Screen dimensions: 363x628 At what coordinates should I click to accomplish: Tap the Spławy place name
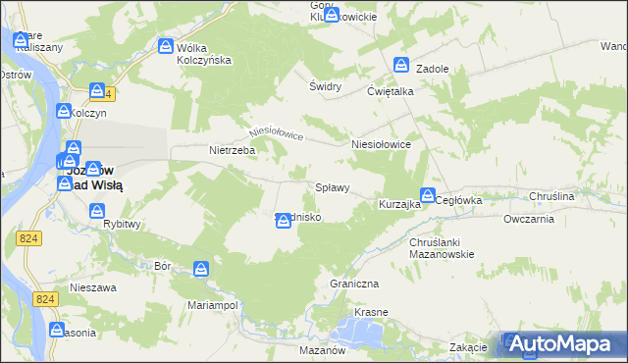tap(332, 187)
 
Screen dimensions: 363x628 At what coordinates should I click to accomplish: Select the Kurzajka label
tap(399, 205)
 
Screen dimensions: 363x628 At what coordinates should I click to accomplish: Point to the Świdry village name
tap(325, 86)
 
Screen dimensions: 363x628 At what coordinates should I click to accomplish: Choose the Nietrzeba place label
tap(233, 151)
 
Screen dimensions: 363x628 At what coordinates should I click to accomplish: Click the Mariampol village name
tap(214, 305)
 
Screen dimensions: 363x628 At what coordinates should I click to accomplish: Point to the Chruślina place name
tap(550, 197)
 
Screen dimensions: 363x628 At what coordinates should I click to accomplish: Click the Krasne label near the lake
tap(372, 312)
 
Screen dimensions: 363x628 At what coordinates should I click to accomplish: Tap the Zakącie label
tap(469, 348)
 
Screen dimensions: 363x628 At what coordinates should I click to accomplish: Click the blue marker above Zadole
tap(402, 65)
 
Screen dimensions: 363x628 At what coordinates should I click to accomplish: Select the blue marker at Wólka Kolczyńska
tap(167, 46)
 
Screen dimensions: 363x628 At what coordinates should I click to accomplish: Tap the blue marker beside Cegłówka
tap(428, 195)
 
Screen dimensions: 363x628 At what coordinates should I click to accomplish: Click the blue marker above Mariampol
tap(201, 268)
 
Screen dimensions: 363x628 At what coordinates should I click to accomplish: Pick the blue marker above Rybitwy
tap(97, 210)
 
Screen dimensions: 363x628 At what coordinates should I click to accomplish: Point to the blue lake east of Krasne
tap(368, 335)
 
